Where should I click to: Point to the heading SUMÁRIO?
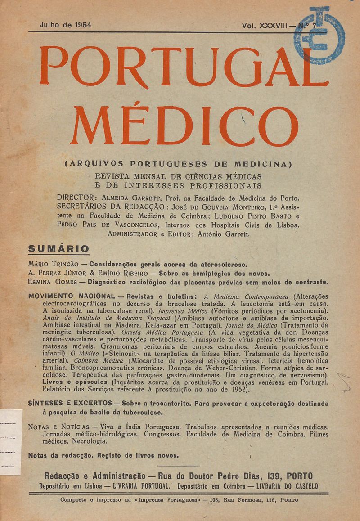58,248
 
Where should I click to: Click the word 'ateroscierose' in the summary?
224,264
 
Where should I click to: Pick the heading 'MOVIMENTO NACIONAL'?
72,297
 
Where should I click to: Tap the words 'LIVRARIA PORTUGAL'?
137,486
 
